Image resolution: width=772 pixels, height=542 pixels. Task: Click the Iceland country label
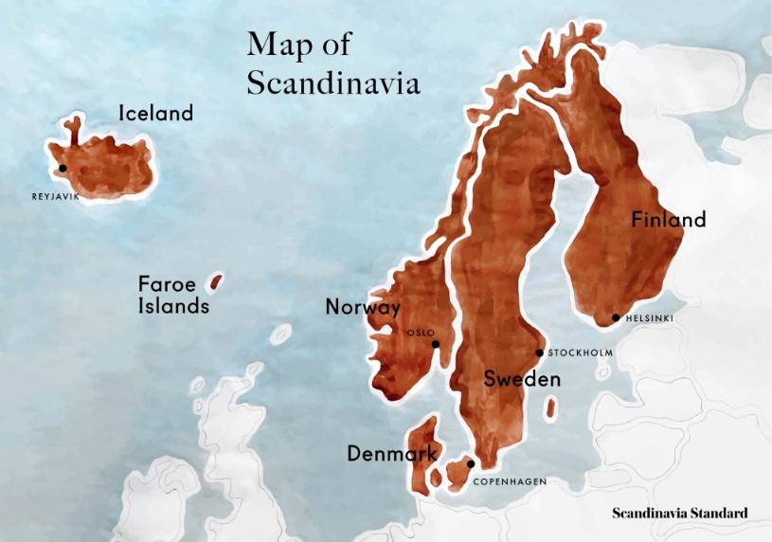[155, 114]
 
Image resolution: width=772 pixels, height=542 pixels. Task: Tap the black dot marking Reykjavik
[63, 168]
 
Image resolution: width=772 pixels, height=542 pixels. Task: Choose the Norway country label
[363, 307]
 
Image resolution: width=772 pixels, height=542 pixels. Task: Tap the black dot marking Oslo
[436, 344]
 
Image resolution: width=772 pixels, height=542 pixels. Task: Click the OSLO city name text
[421, 333]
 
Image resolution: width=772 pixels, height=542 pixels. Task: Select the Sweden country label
[522, 379]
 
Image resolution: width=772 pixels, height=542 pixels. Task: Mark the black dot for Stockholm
[540, 352]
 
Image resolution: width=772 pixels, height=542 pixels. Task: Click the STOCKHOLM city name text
[581, 353]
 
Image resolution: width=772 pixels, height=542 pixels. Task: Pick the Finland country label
[669, 220]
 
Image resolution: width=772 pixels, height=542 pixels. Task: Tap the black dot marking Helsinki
[616, 317]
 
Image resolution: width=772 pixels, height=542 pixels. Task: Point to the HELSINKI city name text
[650, 318]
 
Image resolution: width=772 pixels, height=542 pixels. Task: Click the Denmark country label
[391, 454]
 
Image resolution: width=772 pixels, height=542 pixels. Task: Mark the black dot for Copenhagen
[471, 463]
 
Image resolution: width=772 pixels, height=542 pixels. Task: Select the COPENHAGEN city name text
[510, 482]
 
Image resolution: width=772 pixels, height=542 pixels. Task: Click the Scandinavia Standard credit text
[679, 514]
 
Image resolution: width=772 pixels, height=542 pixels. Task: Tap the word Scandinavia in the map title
[333, 82]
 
